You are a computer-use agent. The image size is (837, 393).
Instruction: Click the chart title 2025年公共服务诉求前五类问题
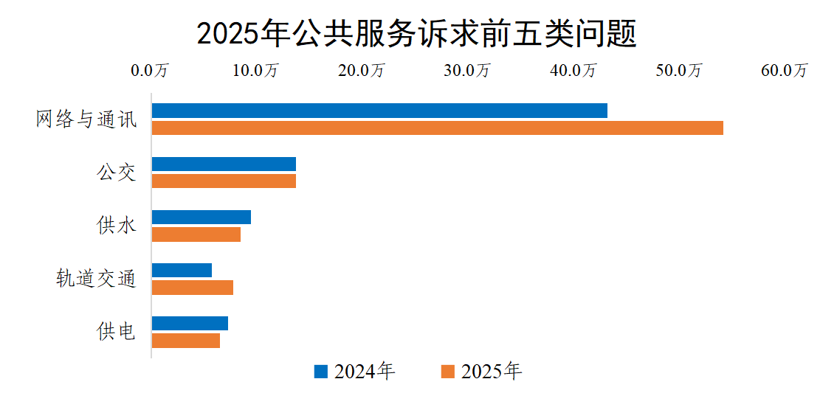pyautogui.click(x=417, y=34)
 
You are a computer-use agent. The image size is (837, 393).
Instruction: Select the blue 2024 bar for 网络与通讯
pyautogui.click(x=379, y=111)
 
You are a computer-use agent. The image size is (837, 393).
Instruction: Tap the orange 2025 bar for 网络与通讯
pyautogui.click(x=437, y=128)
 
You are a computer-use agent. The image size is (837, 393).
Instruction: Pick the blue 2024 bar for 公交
pyautogui.click(x=224, y=164)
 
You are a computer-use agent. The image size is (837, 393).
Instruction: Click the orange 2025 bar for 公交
pyautogui.click(x=224, y=181)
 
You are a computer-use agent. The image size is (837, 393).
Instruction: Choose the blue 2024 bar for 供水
pyautogui.click(x=201, y=217)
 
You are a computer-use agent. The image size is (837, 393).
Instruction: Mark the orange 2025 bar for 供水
pyautogui.click(x=196, y=234)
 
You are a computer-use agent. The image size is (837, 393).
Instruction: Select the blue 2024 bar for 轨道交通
pyautogui.click(x=182, y=270)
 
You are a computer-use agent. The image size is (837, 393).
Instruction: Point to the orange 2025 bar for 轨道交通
pyautogui.click(x=193, y=288)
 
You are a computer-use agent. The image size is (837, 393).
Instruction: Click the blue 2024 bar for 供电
pyautogui.click(x=190, y=323)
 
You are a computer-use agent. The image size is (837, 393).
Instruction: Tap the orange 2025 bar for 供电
pyautogui.click(x=186, y=341)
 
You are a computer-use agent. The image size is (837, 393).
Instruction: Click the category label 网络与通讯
pyautogui.click(x=86, y=119)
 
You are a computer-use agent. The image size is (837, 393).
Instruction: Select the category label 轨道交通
pyautogui.click(x=97, y=279)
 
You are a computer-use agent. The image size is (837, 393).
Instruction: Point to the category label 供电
pyautogui.click(x=117, y=332)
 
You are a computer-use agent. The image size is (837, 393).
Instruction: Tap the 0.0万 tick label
pyautogui.click(x=151, y=71)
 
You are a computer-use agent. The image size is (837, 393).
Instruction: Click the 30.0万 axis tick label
pyautogui.click(x=469, y=71)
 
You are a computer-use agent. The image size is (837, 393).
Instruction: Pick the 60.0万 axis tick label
pyautogui.click(x=785, y=71)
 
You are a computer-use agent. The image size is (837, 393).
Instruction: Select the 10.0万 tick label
pyautogui.click(x=256, y=71)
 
